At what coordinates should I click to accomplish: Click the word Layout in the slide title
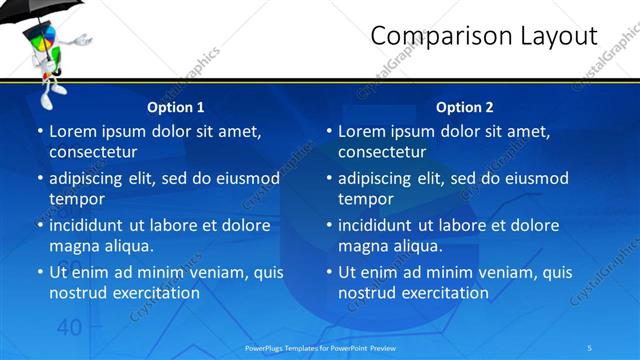[556, 36]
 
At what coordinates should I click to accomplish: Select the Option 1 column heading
[176, 107]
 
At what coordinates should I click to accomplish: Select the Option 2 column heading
[465, 107]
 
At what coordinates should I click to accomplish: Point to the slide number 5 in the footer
[590, 346]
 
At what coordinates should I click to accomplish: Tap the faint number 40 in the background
[69, 327]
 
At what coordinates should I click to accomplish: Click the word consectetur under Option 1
[93, 152]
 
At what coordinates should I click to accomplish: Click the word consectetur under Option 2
[382, 152]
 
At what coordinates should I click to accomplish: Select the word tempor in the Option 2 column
[365, 198]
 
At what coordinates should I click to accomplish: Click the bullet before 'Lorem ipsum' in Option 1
[39, 132]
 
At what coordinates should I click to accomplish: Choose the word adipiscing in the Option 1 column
[90, 178]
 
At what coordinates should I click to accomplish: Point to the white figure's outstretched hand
[87, 41]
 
